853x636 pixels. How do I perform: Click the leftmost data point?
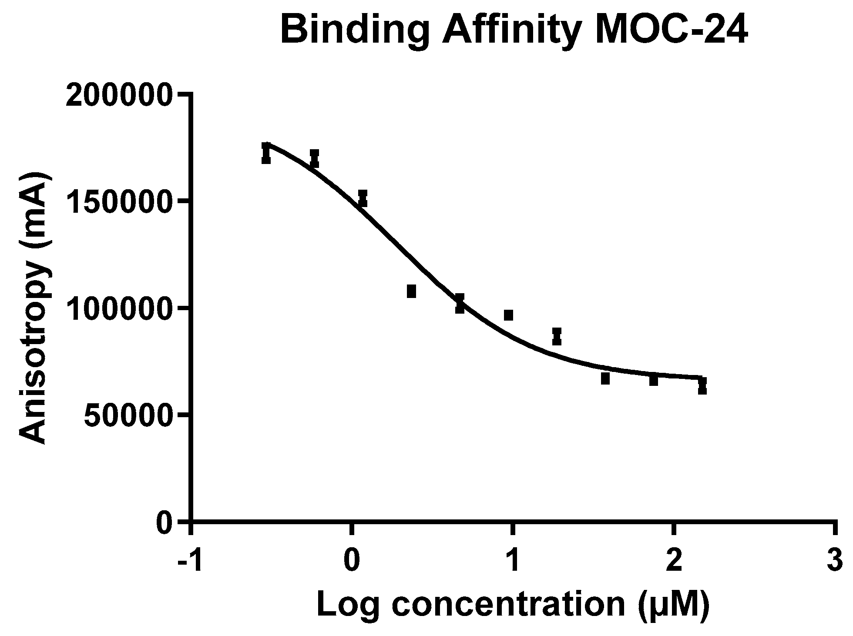(266, 154)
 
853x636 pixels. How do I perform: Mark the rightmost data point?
(702, 385)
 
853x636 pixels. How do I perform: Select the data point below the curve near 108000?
(411, 291)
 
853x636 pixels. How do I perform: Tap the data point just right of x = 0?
(363, 198)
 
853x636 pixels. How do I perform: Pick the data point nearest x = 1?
(508, 315)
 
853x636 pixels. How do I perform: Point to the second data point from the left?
(314, 158)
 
